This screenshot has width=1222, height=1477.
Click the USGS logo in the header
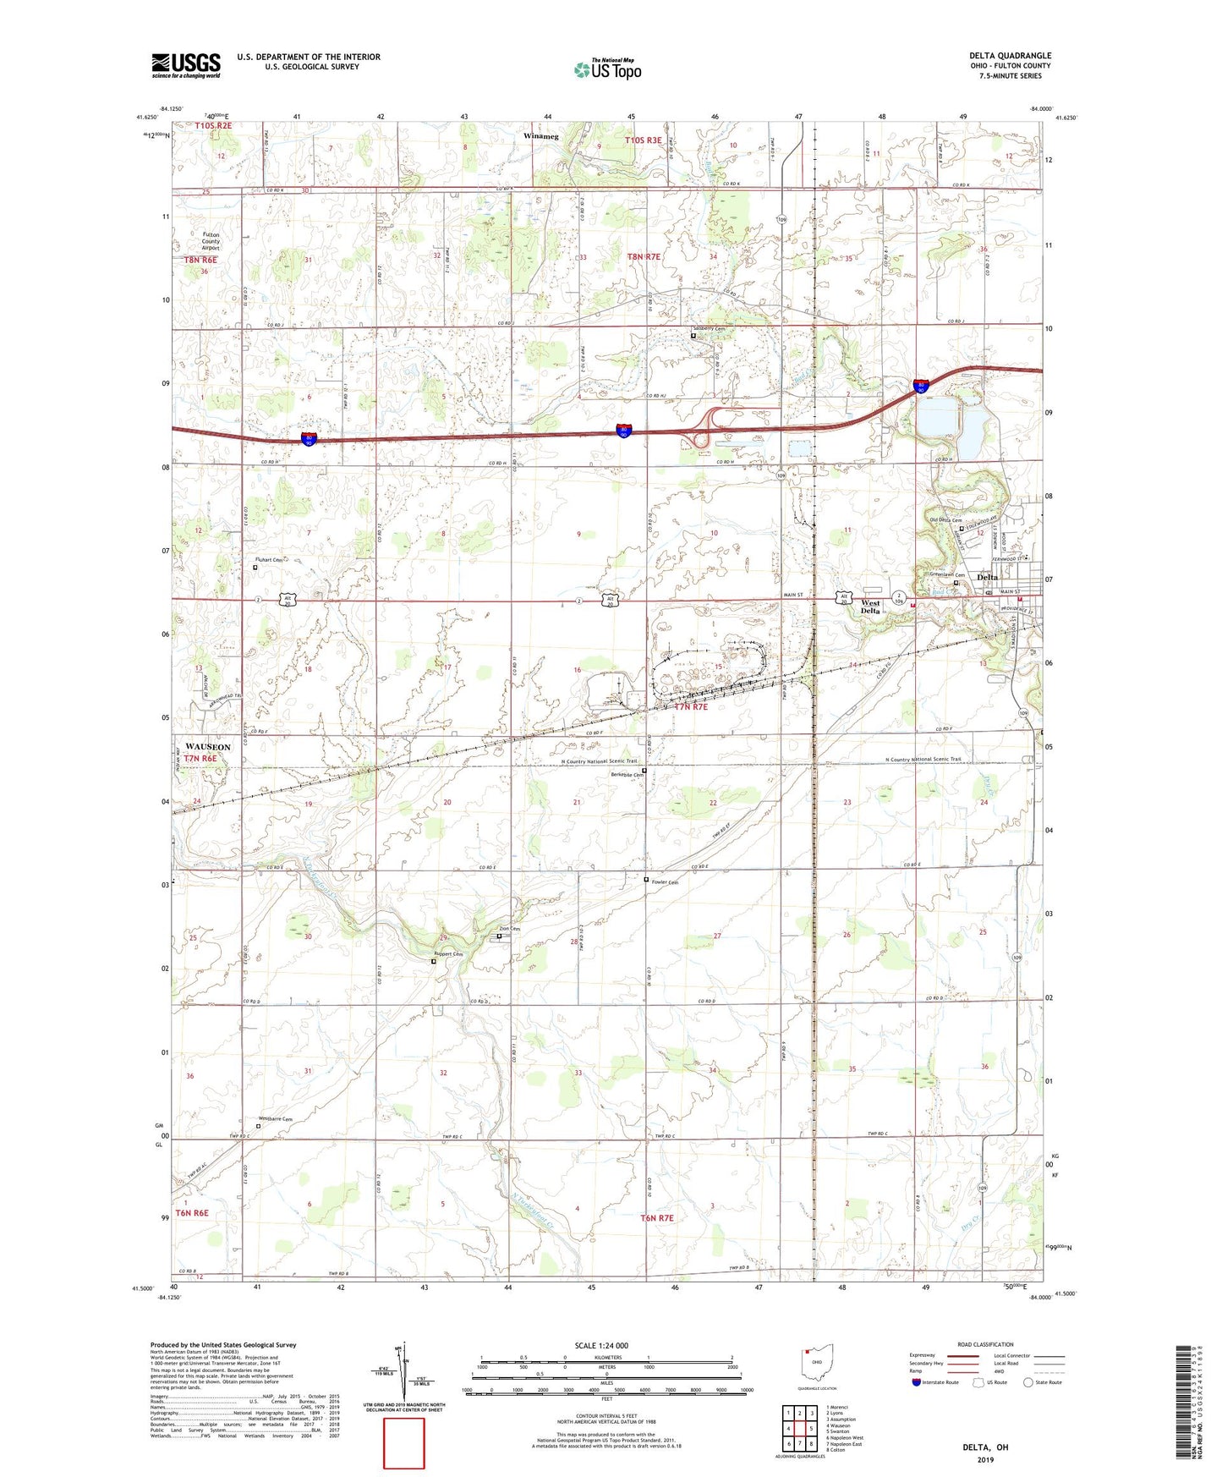coord(186,65)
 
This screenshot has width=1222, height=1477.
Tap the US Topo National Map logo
coord(607,69)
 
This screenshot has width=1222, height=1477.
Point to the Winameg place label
coord(541,136)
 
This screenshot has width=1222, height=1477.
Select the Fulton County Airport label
coord(211,241)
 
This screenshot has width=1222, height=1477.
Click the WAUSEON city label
coord(204,747)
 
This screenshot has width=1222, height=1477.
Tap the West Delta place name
coord(870,607)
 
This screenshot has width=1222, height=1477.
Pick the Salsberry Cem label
coord(709,328)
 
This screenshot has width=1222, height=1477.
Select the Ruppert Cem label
coord(448,954)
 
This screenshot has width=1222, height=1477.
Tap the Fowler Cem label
coord(665,882)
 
